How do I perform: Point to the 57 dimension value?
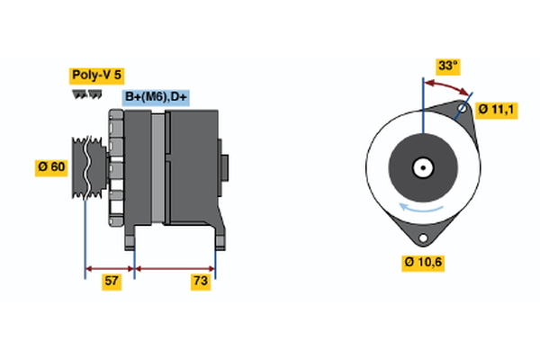pyautogui.click(x=112, y=283)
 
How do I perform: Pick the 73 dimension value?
pyautogui.click(x=201, y=283)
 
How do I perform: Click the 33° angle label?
pyautogui.click(x=447, y=66)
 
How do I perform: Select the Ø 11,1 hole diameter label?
pyautogui.click(x=495, y=109)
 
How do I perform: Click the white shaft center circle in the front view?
pyautogui.click(x=421, y=166)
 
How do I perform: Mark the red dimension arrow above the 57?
pyautogui.click(x=110, y=267)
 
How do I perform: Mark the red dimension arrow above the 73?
pyautogui.click(x=175, y=267)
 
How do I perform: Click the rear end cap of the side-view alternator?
pyautogui.click(x=225, y=168)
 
